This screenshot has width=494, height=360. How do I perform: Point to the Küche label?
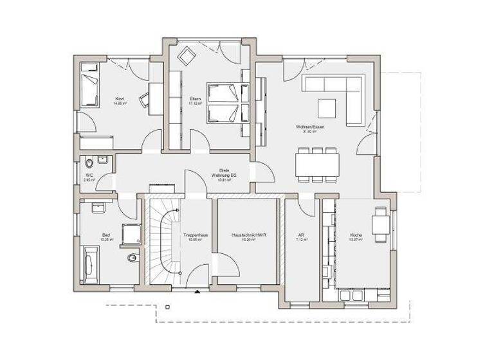(356, 235)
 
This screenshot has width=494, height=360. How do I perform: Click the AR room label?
(301, 235)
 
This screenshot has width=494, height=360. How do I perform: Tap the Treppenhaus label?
(194, 235)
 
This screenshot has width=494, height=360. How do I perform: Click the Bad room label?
(106, 235)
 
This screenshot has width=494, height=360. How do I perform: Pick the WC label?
(89, 175)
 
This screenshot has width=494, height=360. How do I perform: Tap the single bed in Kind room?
(89, 90)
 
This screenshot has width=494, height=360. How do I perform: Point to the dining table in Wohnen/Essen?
(318, 164)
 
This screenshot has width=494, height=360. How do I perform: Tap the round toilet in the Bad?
(132, 258)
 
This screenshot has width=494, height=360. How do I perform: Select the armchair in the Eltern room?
(187, 56)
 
